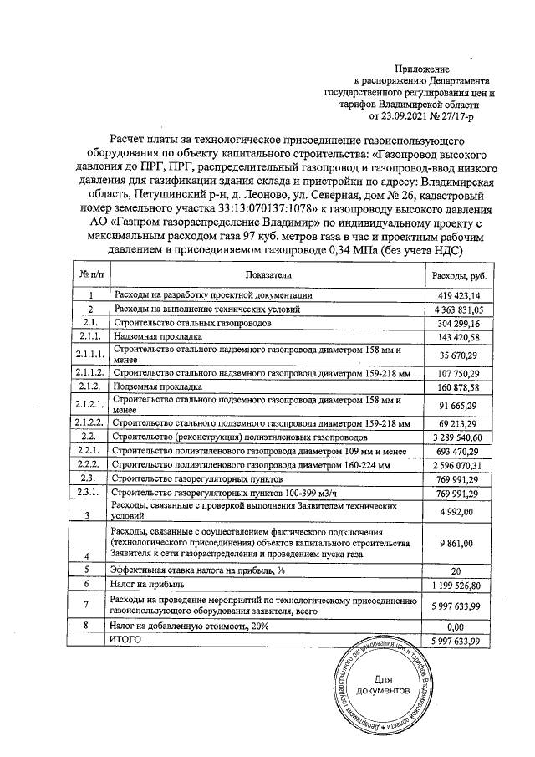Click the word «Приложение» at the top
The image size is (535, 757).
point(426,69)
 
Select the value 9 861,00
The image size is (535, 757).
point(465,544)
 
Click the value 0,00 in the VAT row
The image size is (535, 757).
point(468,625)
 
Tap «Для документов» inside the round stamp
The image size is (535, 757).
point(381,685)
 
